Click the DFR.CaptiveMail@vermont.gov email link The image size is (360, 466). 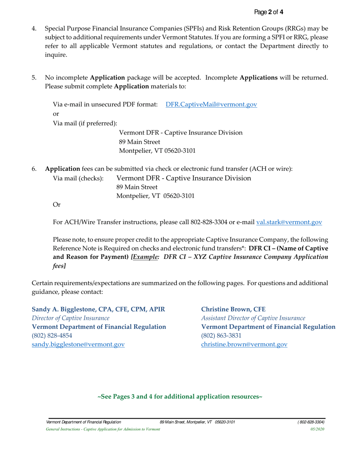[x=211, y=104]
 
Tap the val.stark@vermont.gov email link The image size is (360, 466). [x=289, y=222]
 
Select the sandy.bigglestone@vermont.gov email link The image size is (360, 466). [x=78, y=344]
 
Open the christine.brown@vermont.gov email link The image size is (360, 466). [x=244, y=344]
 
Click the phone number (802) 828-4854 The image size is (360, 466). [x=52, y=335]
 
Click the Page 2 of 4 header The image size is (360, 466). [x=269, y=13]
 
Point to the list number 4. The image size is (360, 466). [x=34, y=28]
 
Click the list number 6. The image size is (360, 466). [x=34, y=169]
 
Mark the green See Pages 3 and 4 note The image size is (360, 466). [x=180, y=397]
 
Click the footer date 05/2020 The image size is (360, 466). [x=317, y=429]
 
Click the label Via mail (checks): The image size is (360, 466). [x=78, y=178]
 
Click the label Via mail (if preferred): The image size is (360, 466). [x=85, y=123]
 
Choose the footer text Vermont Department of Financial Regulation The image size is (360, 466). [x=83, y=422]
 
